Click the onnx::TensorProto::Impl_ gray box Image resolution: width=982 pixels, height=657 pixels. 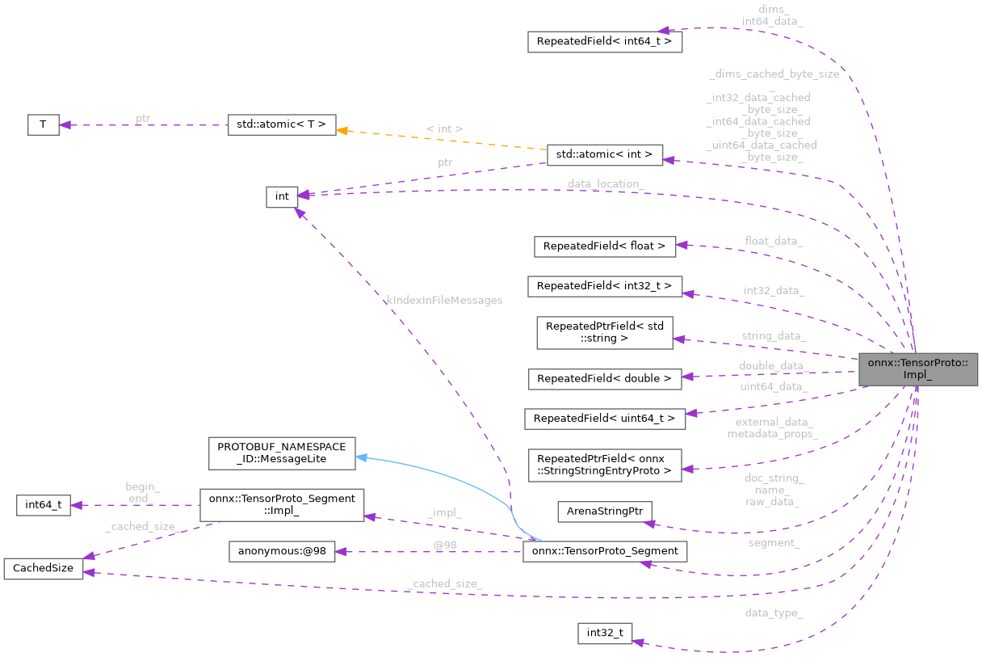pos(918,369)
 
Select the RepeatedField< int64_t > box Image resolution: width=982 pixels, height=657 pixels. pos(605,42)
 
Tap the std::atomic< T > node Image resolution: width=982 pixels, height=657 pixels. pos(281,124)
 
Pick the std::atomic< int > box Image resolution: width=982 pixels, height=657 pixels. pos(605,155)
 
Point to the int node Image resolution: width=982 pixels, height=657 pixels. pos(282,196)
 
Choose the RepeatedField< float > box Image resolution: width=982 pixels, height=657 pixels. pos(604,246)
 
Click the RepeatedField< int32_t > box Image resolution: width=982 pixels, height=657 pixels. pos(604,286)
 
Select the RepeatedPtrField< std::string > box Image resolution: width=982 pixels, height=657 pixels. pos(605,332)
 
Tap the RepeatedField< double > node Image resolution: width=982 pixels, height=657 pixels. pos(604,378)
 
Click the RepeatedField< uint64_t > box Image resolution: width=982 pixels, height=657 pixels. pos(604,419)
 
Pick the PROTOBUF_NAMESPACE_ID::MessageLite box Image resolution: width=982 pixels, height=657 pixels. pos(281,453)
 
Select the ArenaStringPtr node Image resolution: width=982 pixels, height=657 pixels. pos(604,512)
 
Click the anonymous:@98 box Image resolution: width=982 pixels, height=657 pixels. pos(281,552)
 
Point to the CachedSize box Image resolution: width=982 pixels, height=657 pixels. pos(43,568)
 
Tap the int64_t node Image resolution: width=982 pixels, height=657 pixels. pos(43,506)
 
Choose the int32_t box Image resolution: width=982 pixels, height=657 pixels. pos(604,634)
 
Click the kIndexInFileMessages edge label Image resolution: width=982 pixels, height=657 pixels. pos(444,300)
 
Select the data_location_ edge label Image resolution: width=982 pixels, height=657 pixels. pos(605,184)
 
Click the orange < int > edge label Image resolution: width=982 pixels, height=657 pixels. pos(443,128)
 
